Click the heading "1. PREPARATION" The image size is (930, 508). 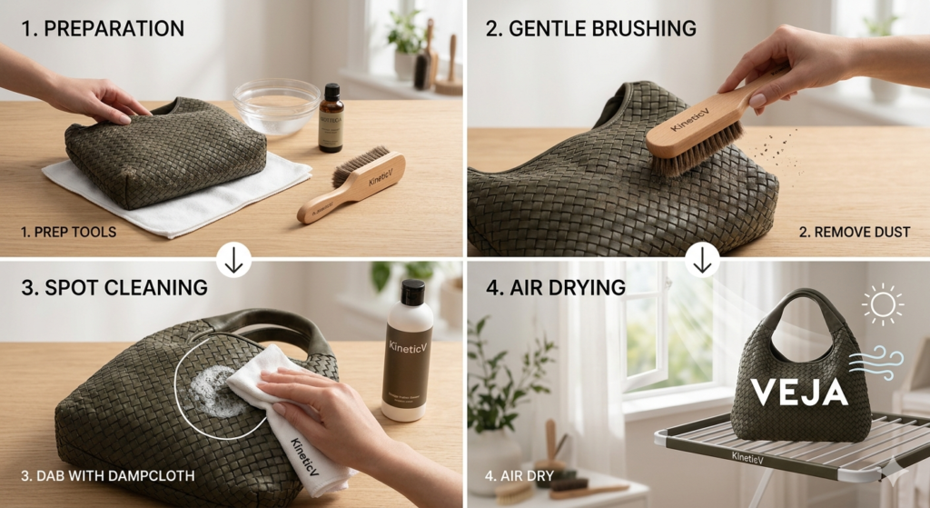pos(103,28)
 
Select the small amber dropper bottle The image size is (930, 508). pos(331,119)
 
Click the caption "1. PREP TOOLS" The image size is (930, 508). pos(68,232)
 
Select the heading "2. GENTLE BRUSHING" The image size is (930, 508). pos(591,28)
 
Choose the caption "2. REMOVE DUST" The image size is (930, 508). pos(855,232)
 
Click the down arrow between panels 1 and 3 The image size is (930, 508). pos(234,261)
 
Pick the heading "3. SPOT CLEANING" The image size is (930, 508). pos(114,287)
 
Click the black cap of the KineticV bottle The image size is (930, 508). pos(412,293)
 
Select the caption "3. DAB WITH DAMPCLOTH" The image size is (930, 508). pos(106,475)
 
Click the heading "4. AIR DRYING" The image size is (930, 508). pos(556,287)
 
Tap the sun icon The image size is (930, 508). pos(882,304)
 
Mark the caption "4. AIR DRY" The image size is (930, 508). pos(519,475)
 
